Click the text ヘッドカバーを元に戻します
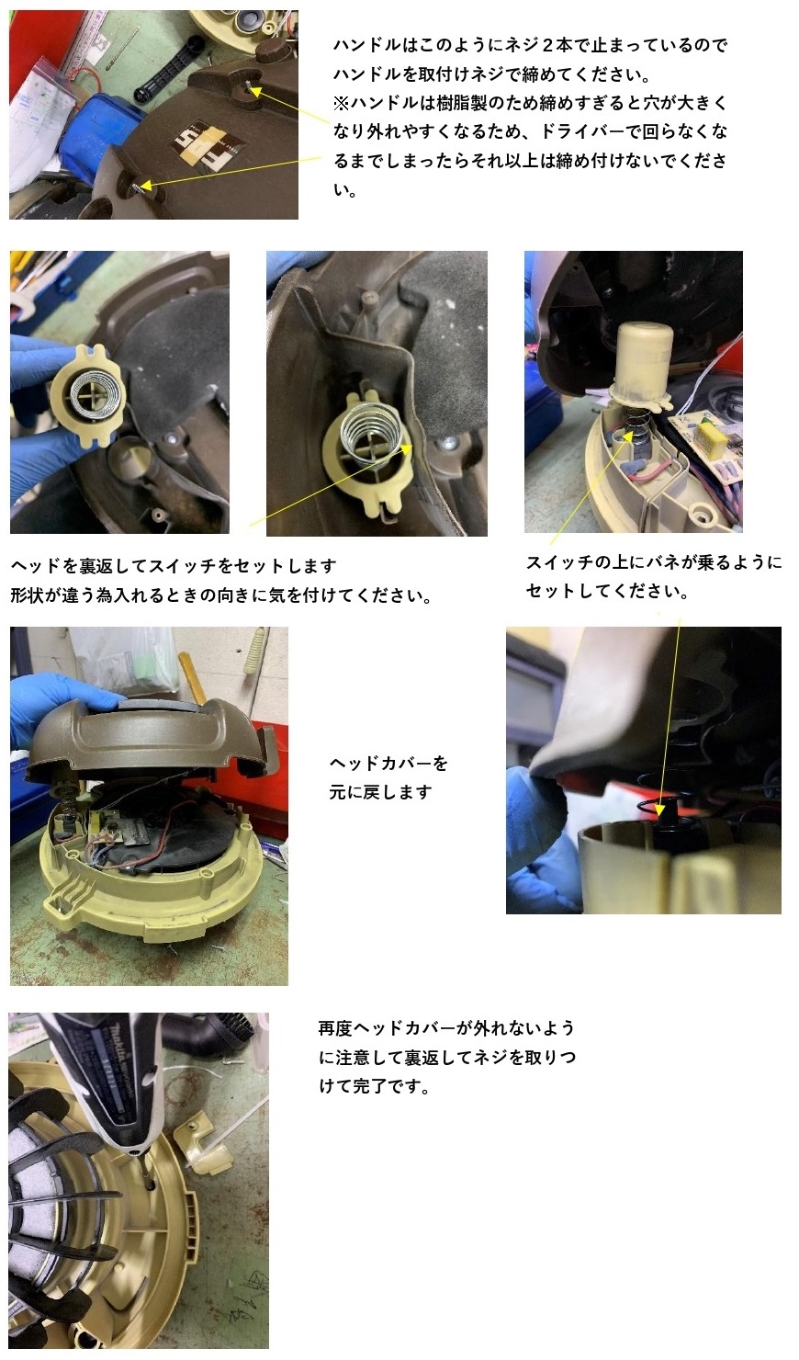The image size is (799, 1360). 388,777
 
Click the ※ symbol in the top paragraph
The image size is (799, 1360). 341,103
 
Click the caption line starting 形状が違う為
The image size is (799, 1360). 220,595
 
